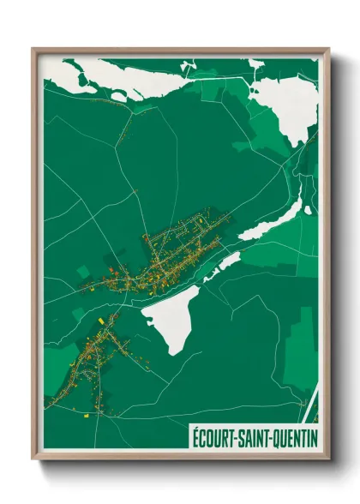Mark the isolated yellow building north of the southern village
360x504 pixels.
click(100, 320)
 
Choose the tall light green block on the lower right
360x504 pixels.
click(301, 343)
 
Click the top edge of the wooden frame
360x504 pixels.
click(180, 51)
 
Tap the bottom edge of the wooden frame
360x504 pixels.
click(180, 456)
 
